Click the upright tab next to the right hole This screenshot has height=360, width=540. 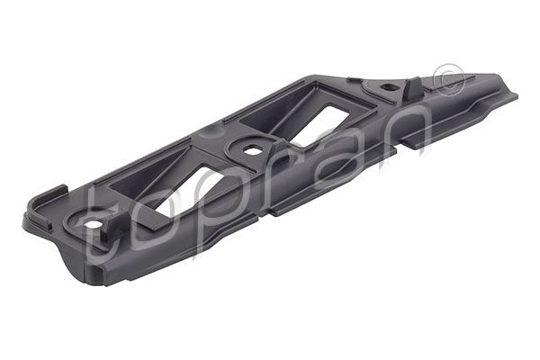pos(408,86)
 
